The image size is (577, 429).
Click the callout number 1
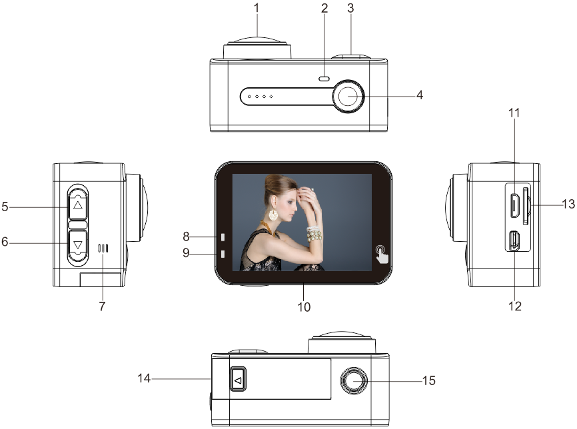tap(257, 8)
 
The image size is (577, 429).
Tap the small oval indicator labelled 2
tap(324, 79)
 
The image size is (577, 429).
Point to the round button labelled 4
tap(348, 96)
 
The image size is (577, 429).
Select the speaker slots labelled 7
tap(103, 248)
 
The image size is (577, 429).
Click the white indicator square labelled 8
tap(223, 237)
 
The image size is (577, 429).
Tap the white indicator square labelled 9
tap(223, 254)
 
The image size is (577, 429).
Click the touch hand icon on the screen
tap(382, 254)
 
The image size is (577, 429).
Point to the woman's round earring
tap(273, 214)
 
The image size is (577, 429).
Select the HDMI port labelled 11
tap(514, 206)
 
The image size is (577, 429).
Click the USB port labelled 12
tap(514, 241)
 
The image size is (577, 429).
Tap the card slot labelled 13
tap(526, 206)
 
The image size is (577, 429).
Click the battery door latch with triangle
tap(238, 379)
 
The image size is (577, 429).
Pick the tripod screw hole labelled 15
tap(354, 380)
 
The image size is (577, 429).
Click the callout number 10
tap(304, 306)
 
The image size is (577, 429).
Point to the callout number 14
tap(144, 378)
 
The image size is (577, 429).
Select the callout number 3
tap(350, 8)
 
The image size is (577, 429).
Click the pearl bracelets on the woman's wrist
tap(314, 234)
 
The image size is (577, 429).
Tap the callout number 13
tap(568, 203)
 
